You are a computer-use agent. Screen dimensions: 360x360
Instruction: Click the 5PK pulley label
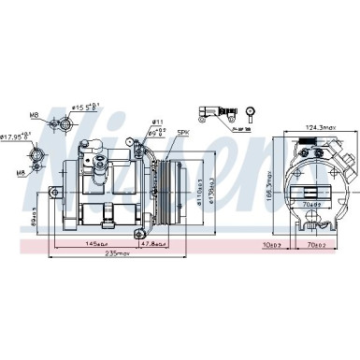tap(183, 133)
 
